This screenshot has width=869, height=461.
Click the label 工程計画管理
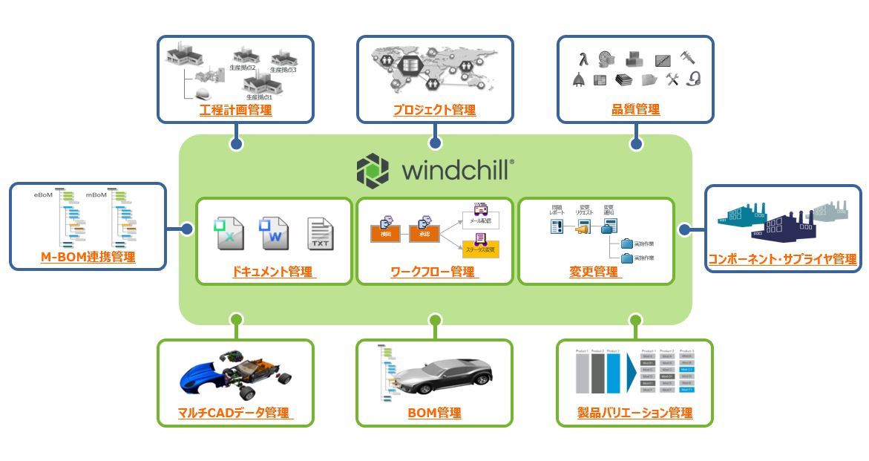click(235, 111)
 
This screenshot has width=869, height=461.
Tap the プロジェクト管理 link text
click(434, 111)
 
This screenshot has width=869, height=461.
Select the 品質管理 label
click(635, 110)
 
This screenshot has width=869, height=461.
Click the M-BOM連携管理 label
click(88, 258)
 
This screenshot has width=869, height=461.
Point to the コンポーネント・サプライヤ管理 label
click(782, 259)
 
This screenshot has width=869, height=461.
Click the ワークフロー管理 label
click(434, 272)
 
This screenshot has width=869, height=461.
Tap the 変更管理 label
click(594, 272)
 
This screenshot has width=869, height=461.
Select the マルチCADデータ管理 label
click(235, 413)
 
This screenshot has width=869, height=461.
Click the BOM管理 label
click(434, 413)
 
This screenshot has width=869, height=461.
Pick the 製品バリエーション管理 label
click(634, 413)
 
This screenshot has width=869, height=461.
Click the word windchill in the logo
click(455, 170)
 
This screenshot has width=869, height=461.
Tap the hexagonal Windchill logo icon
click(373, 170)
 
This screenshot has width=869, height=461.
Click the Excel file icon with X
click(227, 234)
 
